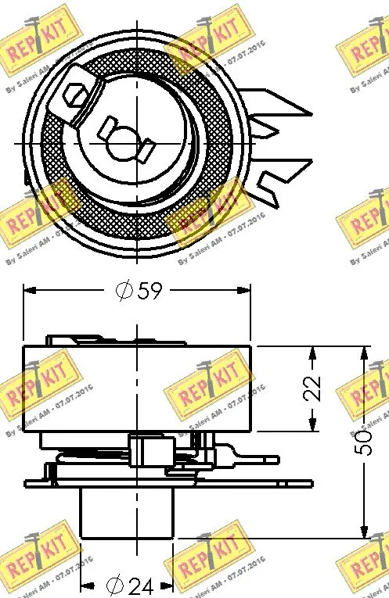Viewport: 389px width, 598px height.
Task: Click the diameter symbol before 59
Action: click(x=124, y=292)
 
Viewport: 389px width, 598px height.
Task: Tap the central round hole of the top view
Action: click(x=121, y=141)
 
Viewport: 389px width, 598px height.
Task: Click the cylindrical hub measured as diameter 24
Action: click(x=127, y=512)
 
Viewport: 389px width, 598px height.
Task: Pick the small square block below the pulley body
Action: click(x=150, y=451)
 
